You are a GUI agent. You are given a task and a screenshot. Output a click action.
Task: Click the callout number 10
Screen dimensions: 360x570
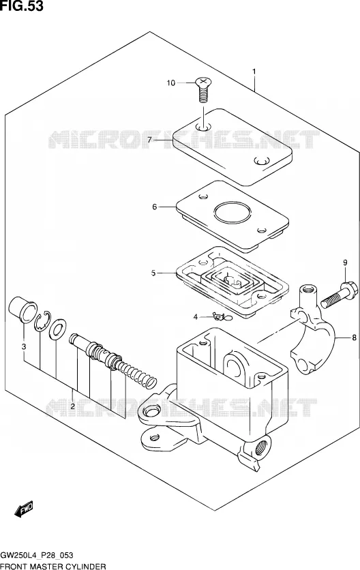(x=171, y=83)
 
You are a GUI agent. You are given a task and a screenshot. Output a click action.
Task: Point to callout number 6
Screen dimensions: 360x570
(x=155, y=207)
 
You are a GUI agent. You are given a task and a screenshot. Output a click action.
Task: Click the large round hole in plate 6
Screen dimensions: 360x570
(x=232, y=212)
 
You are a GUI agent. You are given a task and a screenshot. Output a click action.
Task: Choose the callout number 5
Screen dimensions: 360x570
(x=153, y=273)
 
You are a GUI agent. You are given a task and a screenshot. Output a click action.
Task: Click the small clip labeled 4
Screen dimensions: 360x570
(x=222, y=317)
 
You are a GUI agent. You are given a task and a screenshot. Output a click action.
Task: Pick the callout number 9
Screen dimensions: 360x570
(x=345, y=262)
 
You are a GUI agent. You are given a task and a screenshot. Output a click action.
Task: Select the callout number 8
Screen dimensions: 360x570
(x=354, y=338)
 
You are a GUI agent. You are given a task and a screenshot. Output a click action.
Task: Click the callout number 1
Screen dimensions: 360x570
(x=254, y=72)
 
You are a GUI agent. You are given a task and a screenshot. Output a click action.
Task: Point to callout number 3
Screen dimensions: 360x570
(x=24, y=347)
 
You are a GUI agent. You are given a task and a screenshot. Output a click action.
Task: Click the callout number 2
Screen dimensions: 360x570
(x=73, y=406)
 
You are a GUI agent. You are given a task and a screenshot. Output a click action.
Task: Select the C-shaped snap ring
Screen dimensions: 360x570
(x=42, y=321)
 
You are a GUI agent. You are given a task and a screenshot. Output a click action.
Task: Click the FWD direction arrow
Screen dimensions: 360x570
(x=24, y=509)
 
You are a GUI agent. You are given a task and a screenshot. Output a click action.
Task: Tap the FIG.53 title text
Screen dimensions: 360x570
(x=22, y=6)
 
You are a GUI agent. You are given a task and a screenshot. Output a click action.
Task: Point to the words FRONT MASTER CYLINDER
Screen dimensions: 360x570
(x=53, y=567)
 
